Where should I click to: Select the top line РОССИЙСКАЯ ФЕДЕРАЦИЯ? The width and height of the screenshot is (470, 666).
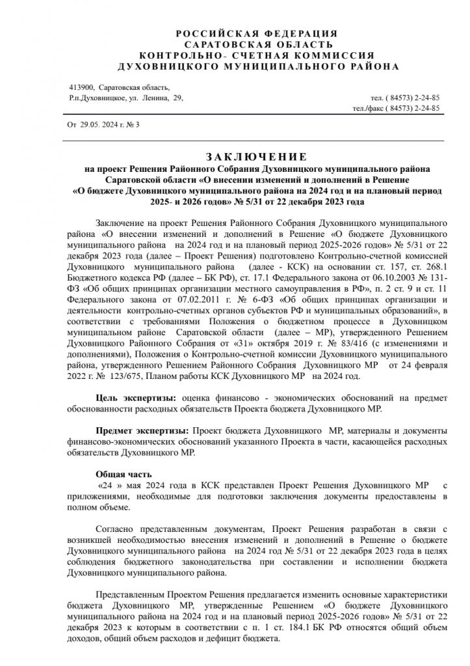(x=257, y=33)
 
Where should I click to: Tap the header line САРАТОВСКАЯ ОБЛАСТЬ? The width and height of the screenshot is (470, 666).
(x=257, y=44)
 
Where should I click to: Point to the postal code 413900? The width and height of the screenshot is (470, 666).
(x=81, y=87)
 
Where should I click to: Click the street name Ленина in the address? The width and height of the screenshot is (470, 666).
(x=155, y=98)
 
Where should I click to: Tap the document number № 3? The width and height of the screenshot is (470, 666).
(x=134, y=124)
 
